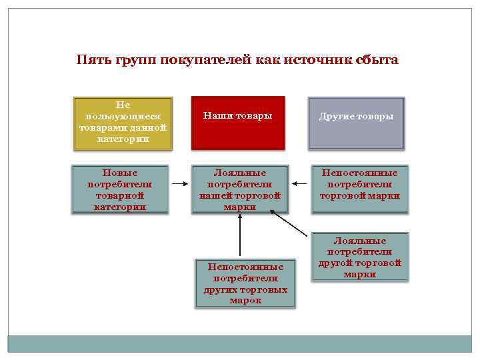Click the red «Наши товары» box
point(239,122)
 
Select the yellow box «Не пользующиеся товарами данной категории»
point(123,122)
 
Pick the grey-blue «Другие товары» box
point(356,122)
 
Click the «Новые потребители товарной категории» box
point(120,189)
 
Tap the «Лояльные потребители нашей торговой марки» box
point(240,189)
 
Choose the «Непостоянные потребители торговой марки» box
point(360,189)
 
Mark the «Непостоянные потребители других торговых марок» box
point(245,283)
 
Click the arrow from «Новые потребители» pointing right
point(178,183)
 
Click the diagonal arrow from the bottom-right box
point(291,224)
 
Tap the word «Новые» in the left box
point(120,172)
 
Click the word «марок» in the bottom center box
point(245,301)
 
